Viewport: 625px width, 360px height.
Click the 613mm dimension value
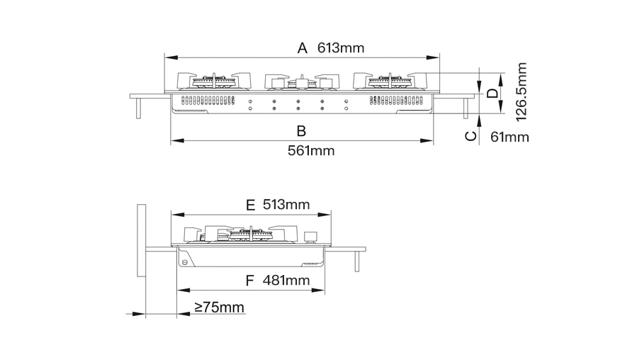point(341,48)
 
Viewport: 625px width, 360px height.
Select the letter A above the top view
point(303,48)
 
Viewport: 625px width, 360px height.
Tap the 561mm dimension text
point(311,151)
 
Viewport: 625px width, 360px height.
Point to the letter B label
point(301,131)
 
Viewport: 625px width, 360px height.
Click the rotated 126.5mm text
point(522,92)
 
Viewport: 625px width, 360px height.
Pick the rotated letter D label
point(493,94)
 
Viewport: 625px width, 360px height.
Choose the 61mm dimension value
point(509,137)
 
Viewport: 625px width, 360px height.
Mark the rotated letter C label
point(471,136)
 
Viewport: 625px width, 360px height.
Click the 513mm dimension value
point(286,205)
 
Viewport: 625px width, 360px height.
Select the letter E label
point(250,206)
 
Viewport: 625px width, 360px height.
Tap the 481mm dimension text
point(286,280)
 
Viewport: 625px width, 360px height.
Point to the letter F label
point(249,281)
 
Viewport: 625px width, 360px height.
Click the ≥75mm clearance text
point(219,308)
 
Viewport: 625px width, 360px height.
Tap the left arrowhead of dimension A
point(171,57)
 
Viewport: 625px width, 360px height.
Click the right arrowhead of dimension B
point(427,140)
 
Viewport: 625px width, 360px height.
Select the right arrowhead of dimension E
point(325,215)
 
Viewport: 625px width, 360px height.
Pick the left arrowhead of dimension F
point(184,291)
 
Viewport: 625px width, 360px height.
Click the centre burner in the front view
point(302,82)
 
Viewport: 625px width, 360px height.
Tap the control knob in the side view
point(309,237)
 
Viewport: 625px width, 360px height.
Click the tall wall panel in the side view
point(142,240)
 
